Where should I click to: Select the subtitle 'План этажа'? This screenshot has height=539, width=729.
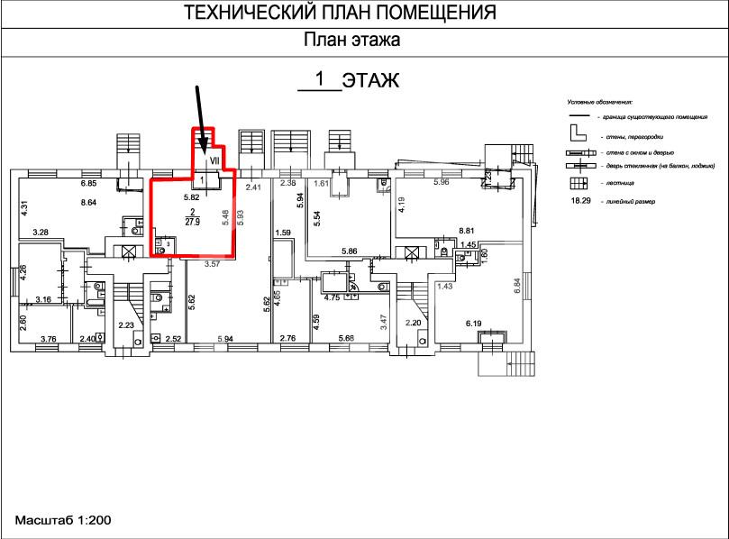[351, 40]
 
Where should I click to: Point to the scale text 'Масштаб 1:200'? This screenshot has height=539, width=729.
[62, 521]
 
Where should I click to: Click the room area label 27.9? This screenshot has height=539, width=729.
[192, 223]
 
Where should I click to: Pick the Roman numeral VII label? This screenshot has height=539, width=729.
[214, 160]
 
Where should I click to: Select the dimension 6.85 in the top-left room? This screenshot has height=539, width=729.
[88, 184]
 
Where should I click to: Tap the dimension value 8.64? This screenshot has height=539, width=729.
[88, 203]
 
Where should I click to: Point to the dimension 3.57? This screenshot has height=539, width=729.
[212, 265]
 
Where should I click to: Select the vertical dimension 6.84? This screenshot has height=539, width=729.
[517, 287]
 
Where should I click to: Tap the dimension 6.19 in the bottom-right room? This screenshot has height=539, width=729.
[475, 322]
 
